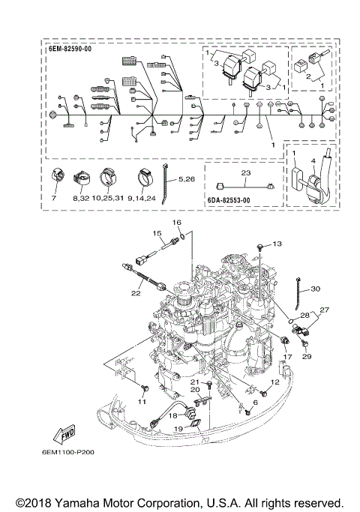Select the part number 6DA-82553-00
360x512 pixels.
230,201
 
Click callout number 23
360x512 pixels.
244,172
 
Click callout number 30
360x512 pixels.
315,289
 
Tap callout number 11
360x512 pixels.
140,401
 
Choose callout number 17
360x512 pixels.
286,357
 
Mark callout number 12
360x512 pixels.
274,382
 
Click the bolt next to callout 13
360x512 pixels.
259,246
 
